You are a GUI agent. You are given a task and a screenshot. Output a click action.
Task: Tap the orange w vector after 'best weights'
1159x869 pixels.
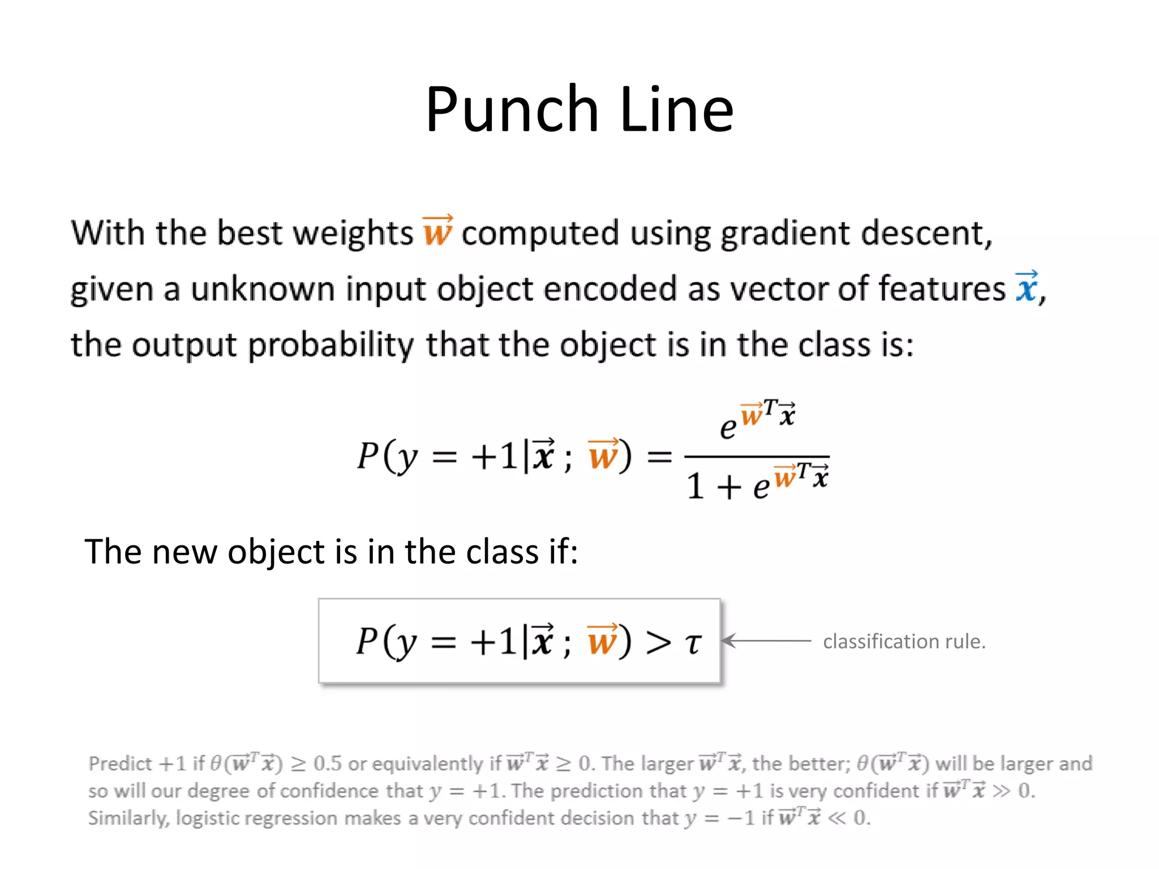pyautogui.click(x=437, y=231)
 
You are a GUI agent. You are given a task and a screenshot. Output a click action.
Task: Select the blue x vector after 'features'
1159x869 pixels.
pyautogui.click(x=1027, y=287)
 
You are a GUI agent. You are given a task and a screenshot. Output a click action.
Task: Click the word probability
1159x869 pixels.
pyautogui.click(x=331, y=345)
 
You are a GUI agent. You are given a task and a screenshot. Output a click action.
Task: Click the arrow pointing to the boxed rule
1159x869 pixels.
pyautogui.click(x=767, y=641)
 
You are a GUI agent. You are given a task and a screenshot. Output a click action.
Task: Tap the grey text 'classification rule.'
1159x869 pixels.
pyautogui.click(x=904, y=642)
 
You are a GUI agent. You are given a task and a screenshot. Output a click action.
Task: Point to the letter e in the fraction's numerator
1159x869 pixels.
pyautogui.click(x=728, y=428)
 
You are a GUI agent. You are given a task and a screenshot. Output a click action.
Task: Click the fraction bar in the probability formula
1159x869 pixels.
pyautogui.click(x=757, y=456)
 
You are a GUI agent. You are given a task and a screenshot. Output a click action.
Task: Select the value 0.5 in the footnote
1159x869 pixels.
pyautogui.click(x=328, y=764)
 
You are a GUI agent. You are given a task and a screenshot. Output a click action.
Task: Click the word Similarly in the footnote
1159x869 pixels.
pyautogui.click(x=128, y=818)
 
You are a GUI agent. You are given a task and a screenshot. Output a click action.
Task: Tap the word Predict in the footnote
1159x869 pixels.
pyautogui.click(x=120, y=764)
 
